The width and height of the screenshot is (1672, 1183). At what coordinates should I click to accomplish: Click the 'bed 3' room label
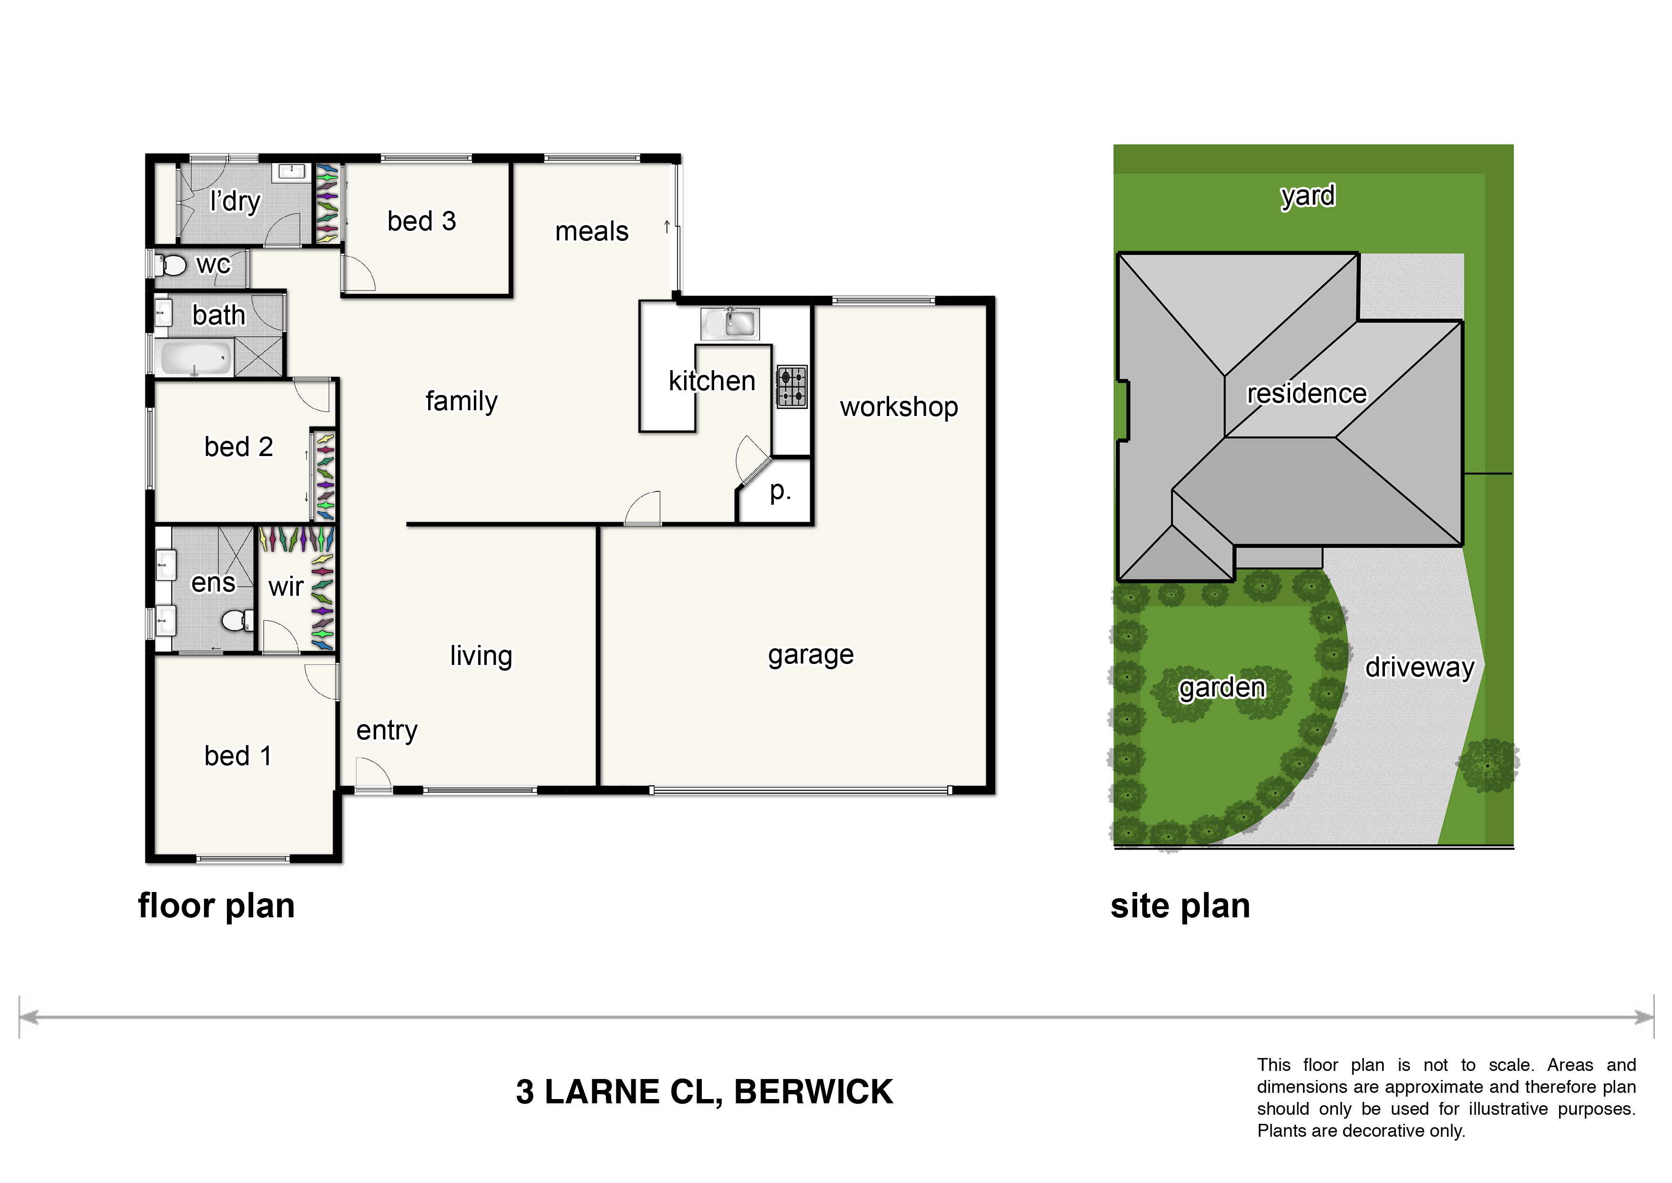click(x=421, y=221)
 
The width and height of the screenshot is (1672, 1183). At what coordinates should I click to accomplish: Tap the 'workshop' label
click(x=899, y=407)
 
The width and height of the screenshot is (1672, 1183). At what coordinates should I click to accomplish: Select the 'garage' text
click(x=810, y=655)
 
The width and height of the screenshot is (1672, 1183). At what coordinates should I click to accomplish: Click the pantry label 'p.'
click(x=780, y=492)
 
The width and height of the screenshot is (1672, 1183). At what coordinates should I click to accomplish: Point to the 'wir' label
click(x=286, y=586)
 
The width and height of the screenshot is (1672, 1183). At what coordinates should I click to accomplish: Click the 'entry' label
click(x=387, y=731)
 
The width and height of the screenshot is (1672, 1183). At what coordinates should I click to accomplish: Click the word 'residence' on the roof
click(x=1306, y=394)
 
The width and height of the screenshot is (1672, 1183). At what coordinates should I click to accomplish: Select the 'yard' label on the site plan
click(x=1308, y=196)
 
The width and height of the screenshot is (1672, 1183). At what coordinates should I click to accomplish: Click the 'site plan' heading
click(x=1180, y=907)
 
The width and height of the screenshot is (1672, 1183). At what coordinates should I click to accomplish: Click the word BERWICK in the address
click(x=813, y=1092)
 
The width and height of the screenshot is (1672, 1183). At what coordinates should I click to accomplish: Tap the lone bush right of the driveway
click(x=1488, y=765)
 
